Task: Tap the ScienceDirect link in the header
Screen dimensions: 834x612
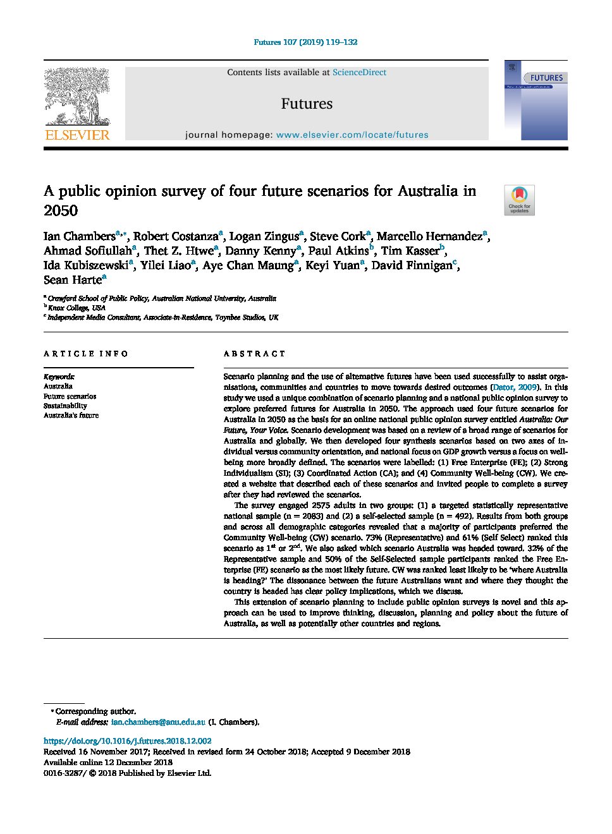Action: [x=359, y=73]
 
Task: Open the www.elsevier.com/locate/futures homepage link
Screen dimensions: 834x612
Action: [x=352, y=135]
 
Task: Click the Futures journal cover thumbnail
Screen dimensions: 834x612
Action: [x=535, y=101]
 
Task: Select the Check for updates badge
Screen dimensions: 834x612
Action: [x=519, y=200]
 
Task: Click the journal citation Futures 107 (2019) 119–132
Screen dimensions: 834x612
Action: [x=305, y=42]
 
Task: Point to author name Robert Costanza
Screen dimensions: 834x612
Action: [x=175, y=236]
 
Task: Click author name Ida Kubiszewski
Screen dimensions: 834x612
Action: [x=85, y=265]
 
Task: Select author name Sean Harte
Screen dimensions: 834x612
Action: [x=72, y=280]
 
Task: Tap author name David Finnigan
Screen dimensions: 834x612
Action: [x=412, y=265]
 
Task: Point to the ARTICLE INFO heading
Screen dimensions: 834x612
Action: [x=86, y=354]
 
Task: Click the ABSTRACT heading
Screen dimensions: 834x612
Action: [x=254, y=354]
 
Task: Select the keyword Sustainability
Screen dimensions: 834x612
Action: [x=65, y=406]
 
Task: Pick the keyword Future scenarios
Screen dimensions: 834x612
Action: [x=70, y=396]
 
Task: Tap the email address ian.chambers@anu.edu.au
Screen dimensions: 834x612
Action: [x=158, y=722]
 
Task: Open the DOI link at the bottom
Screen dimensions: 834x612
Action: [x=127, y=740]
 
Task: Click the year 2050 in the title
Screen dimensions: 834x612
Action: [x=61, y=211]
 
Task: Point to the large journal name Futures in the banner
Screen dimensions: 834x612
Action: [x=307, y=104]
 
